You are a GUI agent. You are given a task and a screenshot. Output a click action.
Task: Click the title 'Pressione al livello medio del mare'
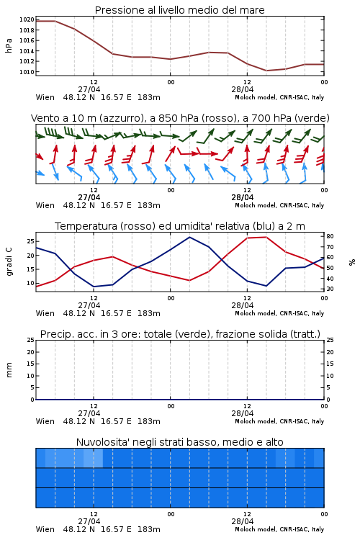(x=179, y=10)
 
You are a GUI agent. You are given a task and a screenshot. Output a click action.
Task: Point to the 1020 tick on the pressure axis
(x=27, y=19)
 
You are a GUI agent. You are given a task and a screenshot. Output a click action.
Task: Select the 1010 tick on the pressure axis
(x=27, y=72)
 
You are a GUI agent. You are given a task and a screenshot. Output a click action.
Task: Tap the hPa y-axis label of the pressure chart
(x=9, y=45)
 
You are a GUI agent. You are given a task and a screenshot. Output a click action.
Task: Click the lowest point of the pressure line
(x=266, y=71)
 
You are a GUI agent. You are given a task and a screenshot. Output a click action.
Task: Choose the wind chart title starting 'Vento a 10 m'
(x=180, y=118)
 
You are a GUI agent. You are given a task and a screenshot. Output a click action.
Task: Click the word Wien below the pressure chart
(x=45, y=97)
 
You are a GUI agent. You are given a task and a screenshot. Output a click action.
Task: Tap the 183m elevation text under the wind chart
(x=149, y=206)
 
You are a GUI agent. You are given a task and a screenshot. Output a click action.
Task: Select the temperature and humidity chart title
(x=180, y=226)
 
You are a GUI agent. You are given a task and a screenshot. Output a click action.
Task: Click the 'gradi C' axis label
(x=9, y=262)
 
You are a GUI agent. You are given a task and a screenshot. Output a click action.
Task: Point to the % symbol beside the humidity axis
(x=352, y=262)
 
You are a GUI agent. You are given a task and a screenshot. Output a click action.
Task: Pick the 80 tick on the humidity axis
(x=330, y=236)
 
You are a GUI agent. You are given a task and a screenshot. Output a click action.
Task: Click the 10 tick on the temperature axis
(x=30, y=283)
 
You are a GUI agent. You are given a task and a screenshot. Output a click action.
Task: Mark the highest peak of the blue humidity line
(x=189, y=237)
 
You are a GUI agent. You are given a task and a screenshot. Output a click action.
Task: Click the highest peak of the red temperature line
(x=266, y=237)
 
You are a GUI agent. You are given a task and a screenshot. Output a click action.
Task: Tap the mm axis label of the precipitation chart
(x=9, y=370)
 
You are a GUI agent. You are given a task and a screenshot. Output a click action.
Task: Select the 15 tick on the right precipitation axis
(x=330, y=364)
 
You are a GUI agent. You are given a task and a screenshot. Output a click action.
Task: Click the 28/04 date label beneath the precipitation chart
(x=243, y=413)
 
